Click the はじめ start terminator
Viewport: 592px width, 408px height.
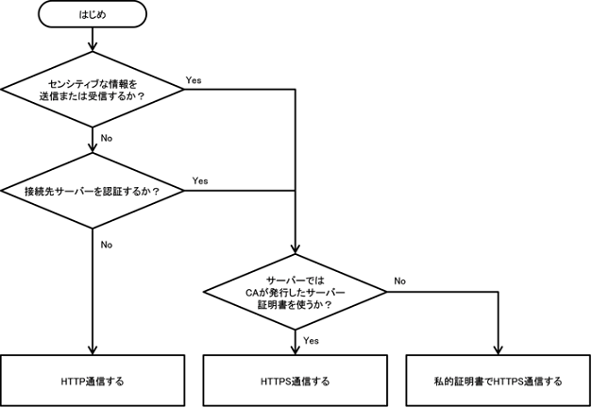(x=93, y=15)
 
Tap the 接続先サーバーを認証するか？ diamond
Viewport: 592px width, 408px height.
(x=92, y=192)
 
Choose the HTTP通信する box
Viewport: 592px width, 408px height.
(x=93, y=382)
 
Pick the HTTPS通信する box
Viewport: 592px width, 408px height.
(x=296, y=382)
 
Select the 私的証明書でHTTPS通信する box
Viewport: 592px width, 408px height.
(x=499, y=382)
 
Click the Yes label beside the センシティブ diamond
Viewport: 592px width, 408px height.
(x=194, y=80)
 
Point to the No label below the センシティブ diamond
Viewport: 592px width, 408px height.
(x=106, y=138)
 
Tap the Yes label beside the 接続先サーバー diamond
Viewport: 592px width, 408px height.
(x=200, y=180)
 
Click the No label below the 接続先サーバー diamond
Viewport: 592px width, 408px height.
(x=106, y=245)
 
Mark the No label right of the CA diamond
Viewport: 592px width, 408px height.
(x=399, y=280)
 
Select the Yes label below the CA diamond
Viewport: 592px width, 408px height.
(x=312, y=340)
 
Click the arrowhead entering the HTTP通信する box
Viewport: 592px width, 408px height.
(x=93, y=350)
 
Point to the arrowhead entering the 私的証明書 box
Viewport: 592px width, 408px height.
(x=499, y=350)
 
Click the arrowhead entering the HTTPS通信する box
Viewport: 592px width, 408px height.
(x=296, y=350)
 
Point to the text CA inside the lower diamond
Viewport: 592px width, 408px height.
(x=251, y=293)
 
